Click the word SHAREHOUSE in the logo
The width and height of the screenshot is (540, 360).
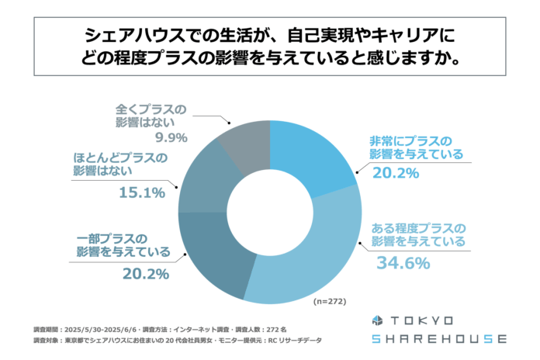pos(438,339)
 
